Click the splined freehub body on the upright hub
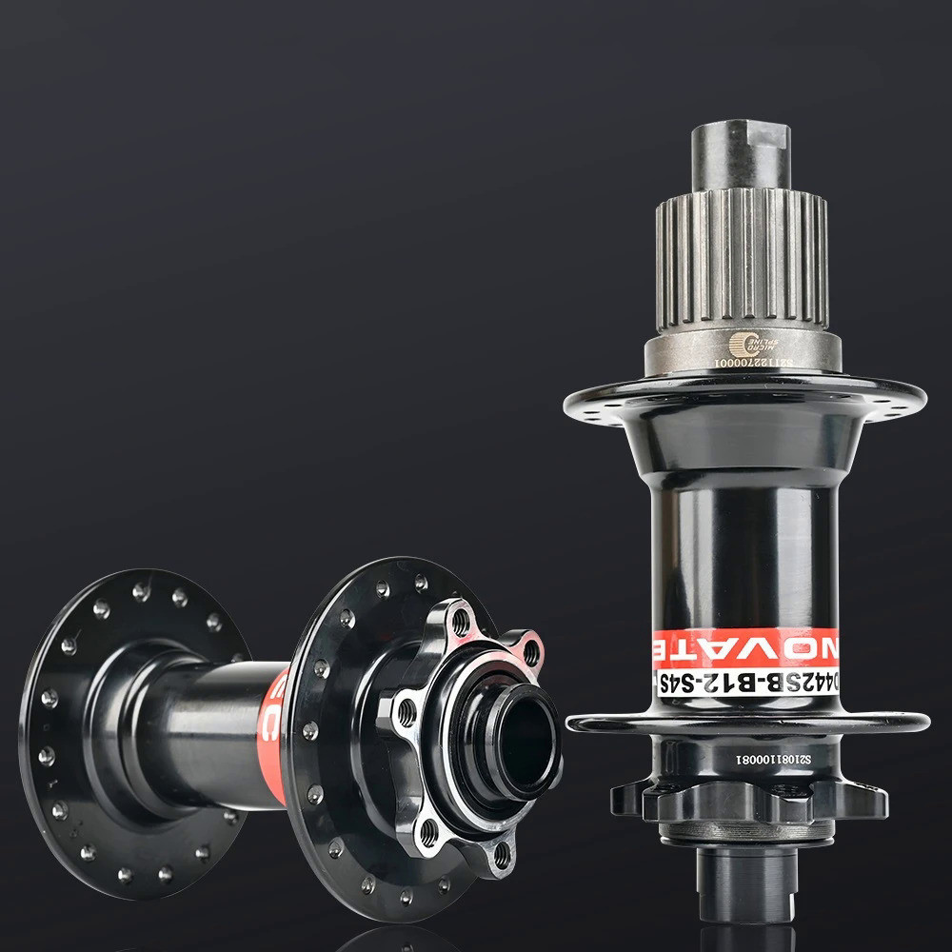tap(742, 257)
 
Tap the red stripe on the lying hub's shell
tap(274, 733)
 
